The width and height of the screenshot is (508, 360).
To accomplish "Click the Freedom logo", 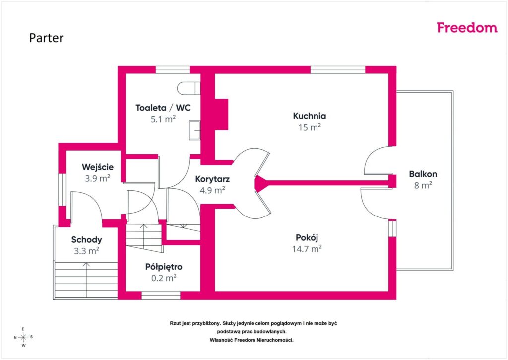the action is pyautogui.click(x=467, y=28).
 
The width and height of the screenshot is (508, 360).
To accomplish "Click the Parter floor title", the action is pyautogui.click(x=46, y=38).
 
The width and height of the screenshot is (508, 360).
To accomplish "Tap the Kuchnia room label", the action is pyautogui.click(x=310, y=116).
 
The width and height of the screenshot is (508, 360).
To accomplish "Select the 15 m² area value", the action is pyautogui.click(x=310, y=127).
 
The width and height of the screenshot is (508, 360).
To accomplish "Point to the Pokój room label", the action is pyautogui.click(x=307, y=238).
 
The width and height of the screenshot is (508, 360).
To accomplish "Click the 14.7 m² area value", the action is pyautogui.click(x=307, y=249).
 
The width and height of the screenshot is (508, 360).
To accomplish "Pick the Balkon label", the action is pyautogui.click(x=423, y=174).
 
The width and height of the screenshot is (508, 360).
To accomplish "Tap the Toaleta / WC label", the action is pyautogui.click(x=163, y=108).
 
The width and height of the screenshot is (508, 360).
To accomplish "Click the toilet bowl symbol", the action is pyautogui.click(x=189, y=88).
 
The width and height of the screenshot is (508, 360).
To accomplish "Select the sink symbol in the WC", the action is pyautogui.click(x=194, y=130).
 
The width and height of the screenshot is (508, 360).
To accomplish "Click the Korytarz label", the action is pyautogui.click(x=212, y=179).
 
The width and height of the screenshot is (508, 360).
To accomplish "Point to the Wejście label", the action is pyautogui.click(x=98, y=167).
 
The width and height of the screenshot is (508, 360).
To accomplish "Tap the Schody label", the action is pyautogui.click(x=86, y=240).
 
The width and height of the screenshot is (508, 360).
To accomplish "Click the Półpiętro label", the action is pyautogui.click(x=164, y=267).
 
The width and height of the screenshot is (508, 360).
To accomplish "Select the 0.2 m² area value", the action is pyautogui.click(x=164, y=278).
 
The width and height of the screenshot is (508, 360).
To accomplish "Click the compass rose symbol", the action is pyautogui.click(x=23, y=337).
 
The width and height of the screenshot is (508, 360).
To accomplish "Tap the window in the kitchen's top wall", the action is pyautogui.click(x=338, y=70).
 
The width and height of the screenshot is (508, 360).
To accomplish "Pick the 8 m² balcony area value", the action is pyautogui.click(x=423, y=185).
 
